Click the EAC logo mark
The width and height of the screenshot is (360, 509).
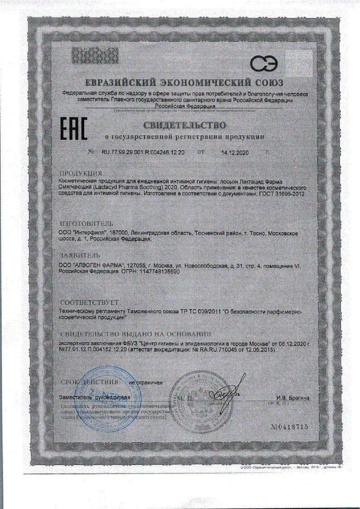click(x=74, y=129)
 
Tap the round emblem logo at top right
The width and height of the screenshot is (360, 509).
click(x=266, y=65)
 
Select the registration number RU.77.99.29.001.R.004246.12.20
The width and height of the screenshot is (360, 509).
click(x=142, y=153)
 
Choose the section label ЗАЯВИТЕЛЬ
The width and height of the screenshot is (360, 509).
click(x=81, y=255)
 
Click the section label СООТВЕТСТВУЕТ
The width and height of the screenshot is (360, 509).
click(x=89, y=302)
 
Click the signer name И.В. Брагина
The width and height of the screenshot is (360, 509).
click(x=293, y=397)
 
